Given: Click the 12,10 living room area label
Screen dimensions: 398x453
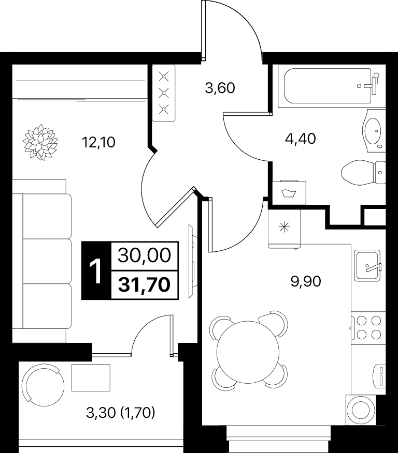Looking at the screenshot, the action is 98,142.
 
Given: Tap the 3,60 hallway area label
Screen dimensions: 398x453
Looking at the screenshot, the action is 220,88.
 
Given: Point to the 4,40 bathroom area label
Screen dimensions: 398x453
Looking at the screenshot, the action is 300,139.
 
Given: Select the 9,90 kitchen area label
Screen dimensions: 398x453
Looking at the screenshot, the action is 306,281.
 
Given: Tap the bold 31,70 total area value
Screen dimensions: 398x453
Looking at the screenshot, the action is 144,285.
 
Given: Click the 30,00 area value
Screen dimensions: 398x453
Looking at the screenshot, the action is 144,255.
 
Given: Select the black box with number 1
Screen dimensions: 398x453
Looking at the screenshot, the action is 96,270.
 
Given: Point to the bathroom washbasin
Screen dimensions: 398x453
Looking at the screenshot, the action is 374,131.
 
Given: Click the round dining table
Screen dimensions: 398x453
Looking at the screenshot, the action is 248,352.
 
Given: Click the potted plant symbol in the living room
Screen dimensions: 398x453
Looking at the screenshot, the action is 40,142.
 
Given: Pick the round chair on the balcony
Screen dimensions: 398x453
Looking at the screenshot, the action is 45,383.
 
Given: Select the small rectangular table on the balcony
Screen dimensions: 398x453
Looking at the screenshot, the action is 91,377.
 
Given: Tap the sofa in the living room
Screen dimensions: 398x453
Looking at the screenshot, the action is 42,261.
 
